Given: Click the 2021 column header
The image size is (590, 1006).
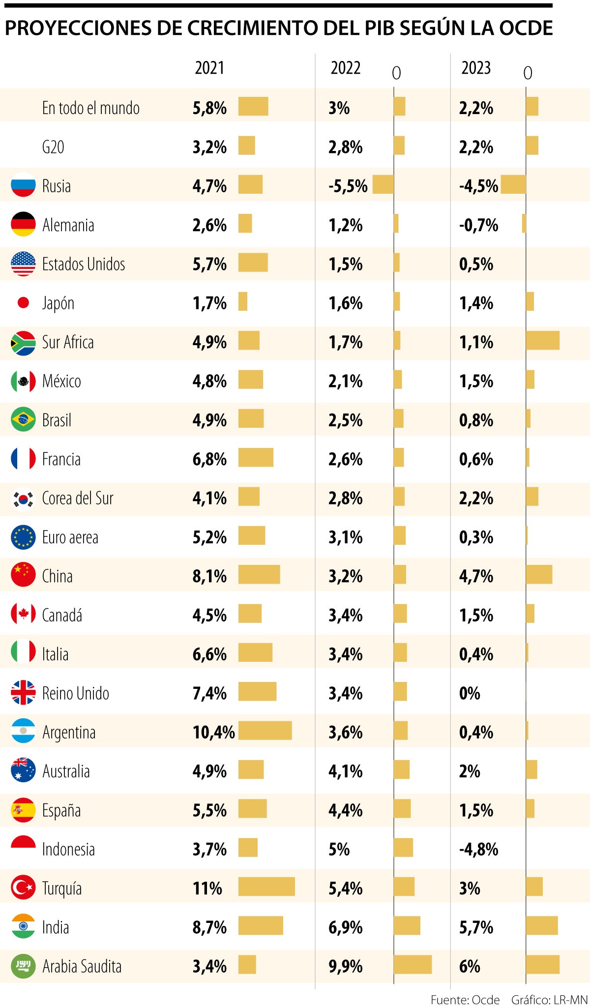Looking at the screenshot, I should (209, 68).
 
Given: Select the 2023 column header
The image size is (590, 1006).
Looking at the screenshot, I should (475, 68).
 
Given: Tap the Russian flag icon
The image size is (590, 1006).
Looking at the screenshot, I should (23, 185).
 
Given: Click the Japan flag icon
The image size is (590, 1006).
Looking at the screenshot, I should (23, 302).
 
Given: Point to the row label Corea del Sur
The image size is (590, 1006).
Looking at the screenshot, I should (78, 498).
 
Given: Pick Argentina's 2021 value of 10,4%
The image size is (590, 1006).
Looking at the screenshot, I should (213, 732).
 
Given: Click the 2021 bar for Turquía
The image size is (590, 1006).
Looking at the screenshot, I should (266, 887).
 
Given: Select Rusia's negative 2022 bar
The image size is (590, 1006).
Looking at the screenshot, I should (383, 184).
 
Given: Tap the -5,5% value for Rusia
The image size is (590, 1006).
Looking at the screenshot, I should (348, 186).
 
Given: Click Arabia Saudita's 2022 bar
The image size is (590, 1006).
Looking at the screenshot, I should (413, 964).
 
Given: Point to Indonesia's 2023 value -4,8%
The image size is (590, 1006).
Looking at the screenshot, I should (478, 849).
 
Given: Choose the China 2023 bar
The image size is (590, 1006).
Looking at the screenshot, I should (539, 574).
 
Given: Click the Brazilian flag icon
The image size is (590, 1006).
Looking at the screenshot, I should (23, 419).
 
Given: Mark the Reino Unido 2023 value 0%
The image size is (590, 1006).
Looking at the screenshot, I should (470, 693).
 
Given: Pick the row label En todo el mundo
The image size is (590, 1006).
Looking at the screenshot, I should (90, 108).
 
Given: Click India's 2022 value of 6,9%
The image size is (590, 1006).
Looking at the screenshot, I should (345, 927).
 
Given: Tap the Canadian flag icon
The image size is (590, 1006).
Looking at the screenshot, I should (23, 614).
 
